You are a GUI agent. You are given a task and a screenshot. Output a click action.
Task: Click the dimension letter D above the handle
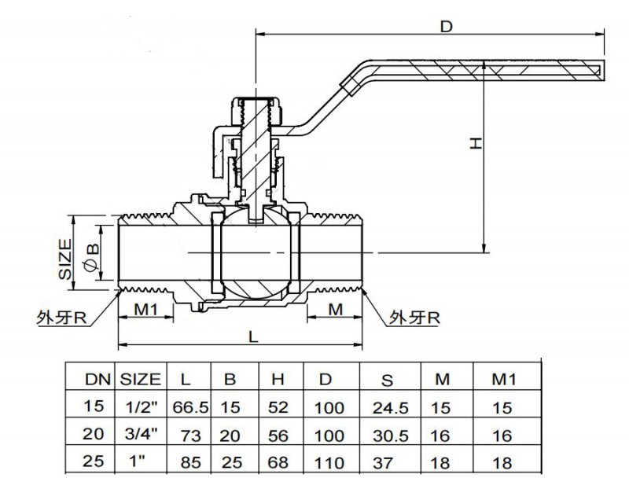[x=446, y=27]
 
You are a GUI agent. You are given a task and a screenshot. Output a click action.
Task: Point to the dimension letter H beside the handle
[x=473, y=142]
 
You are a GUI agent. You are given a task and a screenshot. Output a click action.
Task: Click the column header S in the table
[x=387, y=381]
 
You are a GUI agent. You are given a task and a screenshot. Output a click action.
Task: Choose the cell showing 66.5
[x=186, y=407]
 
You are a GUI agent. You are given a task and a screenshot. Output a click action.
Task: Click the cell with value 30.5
[x=387, y=435]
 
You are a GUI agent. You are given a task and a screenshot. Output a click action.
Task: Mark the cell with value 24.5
[x=387, y=407]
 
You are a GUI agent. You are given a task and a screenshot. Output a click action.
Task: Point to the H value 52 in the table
[x=278, y=407]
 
